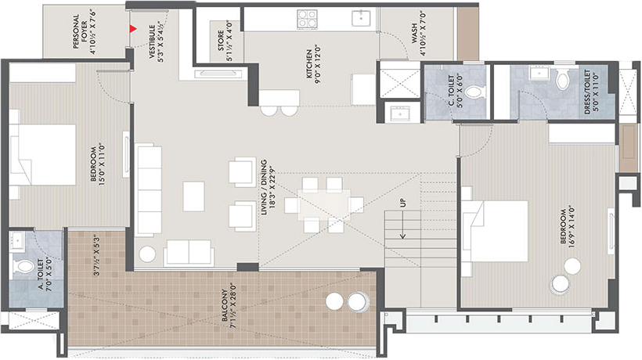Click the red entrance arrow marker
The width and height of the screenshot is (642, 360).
click(x=133, y=29)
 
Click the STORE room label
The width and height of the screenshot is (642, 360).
click(x=225, y=41)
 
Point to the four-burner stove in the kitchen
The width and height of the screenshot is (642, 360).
click(x=307, y=19)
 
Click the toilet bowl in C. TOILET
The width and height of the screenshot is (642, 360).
click(x=475, y=92)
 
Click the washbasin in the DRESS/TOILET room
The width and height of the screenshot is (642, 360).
click(x=539, y=74)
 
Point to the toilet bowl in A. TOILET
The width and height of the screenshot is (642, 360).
click(x=24, y=266)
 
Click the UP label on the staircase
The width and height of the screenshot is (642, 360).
click(x=403, y=203)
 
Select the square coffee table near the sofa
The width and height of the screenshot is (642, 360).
click(x=193, y=196)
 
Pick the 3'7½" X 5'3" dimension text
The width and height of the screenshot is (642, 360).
click(x=96, y=254)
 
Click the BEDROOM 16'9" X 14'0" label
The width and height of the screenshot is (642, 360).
click(x=568, y=228)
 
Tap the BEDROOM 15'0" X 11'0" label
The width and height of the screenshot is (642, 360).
click(x=97, y=163)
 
